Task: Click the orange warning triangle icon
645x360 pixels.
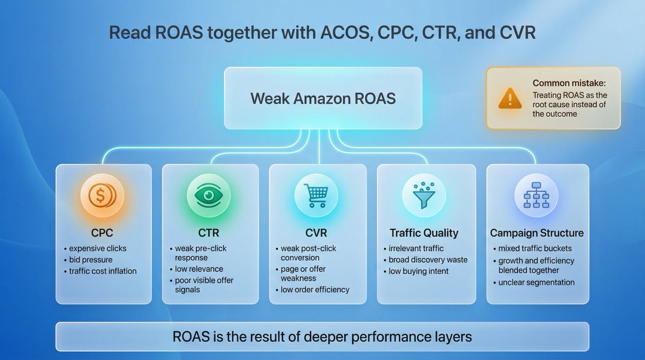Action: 510,99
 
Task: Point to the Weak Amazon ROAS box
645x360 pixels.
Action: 323,98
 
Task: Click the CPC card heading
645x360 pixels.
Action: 102,233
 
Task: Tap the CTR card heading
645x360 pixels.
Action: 209,233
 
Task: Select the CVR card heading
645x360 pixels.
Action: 316,233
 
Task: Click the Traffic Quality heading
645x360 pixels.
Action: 424,233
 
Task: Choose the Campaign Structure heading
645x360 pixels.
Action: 537,233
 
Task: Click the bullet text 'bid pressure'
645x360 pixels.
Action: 90,260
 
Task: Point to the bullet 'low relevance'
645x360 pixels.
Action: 199,269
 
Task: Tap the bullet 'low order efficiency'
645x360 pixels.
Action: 315,290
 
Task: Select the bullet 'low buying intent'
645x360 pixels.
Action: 419,271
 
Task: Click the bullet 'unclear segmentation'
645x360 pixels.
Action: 536,282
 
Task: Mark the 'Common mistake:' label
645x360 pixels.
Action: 569,83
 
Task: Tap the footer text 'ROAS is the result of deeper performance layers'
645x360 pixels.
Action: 322,337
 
